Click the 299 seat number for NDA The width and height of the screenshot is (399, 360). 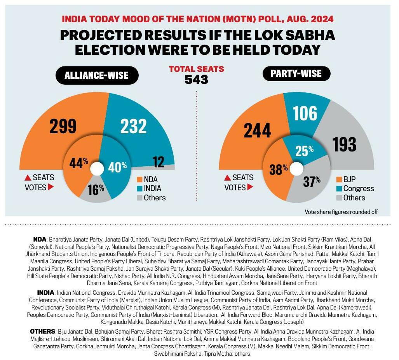point(63,126)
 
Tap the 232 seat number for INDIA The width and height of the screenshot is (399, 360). point(133,126)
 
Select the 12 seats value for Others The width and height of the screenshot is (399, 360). point(158,162)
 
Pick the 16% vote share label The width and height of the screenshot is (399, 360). point(96,189)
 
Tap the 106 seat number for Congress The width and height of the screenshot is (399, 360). point(305,113)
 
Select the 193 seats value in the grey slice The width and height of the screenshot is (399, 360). point(344,144)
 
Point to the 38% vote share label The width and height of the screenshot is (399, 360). point(279,169)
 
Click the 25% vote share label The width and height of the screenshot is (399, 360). point(304,151)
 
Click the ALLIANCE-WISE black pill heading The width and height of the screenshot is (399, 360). point(97,75)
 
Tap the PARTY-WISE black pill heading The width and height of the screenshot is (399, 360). point(297,73)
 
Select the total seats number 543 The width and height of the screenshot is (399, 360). point(196,80)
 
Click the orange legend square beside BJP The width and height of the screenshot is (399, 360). point(338,180)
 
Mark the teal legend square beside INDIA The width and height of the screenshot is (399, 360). point(139,189)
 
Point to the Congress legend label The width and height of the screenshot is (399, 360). point(359,189)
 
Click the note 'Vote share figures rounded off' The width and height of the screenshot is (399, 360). point(342,212)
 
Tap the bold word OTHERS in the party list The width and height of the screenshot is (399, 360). point(42,331)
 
